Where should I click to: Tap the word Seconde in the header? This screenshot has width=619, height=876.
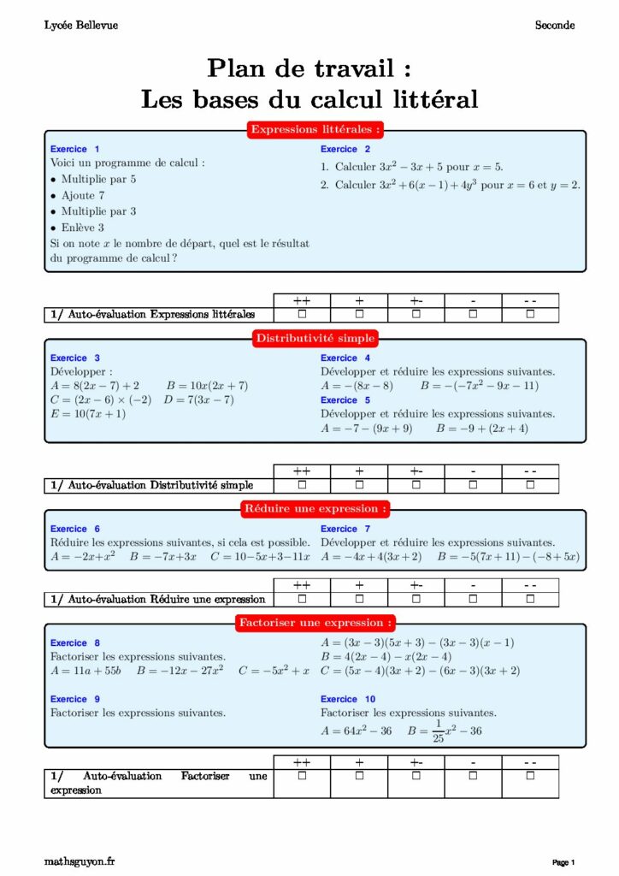pos(555,26)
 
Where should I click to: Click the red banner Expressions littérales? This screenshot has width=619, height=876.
pos(315,130)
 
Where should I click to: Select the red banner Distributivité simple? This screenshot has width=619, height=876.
pos(315,339)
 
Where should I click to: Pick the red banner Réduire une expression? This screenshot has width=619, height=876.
pos(315,509)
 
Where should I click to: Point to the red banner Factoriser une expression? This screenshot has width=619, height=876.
pos(315,623)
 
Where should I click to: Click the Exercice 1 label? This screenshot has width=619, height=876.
pos(74,149)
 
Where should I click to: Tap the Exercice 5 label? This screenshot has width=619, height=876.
pos(345,400)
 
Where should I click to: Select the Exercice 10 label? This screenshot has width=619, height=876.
pos(348,699)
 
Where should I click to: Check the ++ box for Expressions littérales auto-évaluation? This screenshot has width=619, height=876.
pos(302,315)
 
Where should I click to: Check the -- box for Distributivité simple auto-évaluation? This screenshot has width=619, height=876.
pos(530,486)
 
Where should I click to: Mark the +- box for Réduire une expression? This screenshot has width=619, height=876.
pos(416,599)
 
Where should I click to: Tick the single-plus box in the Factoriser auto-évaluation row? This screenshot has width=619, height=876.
pos(359,776)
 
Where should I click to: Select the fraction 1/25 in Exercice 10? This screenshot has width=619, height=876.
pos(438,731)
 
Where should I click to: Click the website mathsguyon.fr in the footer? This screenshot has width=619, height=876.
pos(79,861)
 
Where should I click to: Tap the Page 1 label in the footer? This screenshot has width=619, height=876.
pos(563,862)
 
